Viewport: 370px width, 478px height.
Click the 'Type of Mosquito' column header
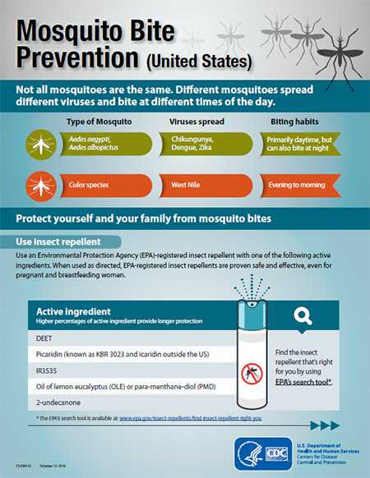(97, 121)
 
